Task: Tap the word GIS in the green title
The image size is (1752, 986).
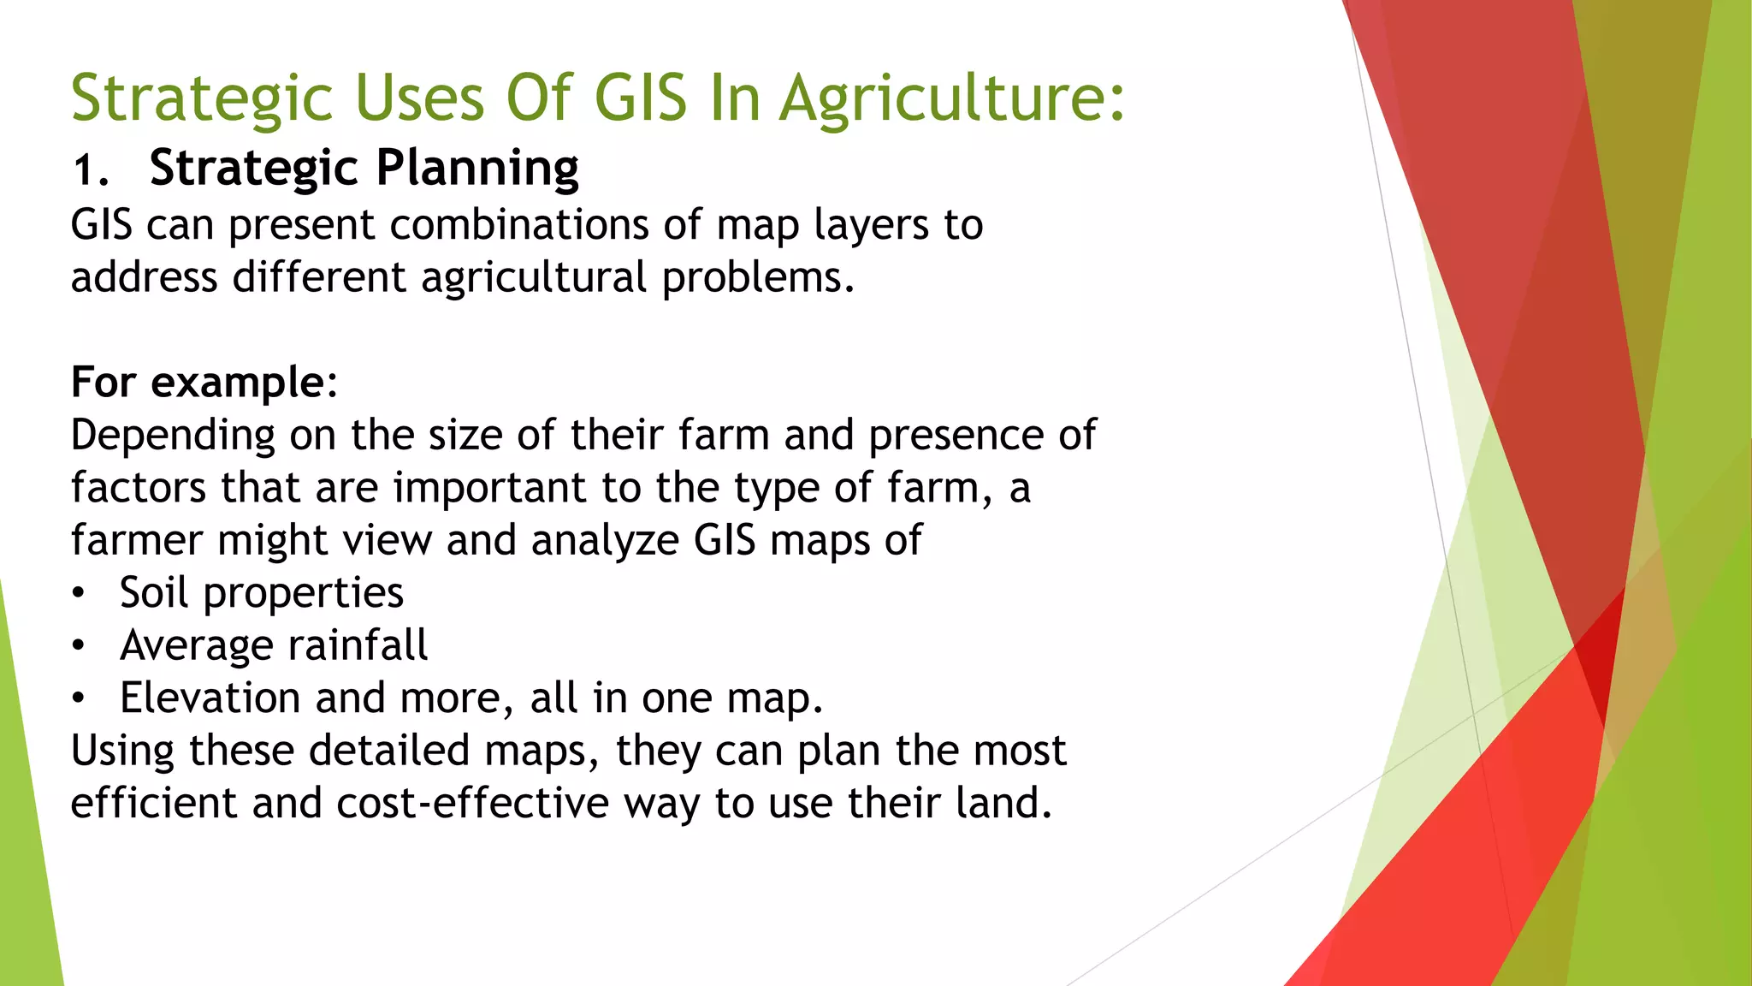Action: click(640, 98)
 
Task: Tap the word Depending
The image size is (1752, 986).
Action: click(172, 436)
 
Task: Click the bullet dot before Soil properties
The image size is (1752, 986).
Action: click(79, 593)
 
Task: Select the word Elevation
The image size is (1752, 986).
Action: click(210, 698)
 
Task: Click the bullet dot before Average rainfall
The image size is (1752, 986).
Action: click(79, 646)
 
